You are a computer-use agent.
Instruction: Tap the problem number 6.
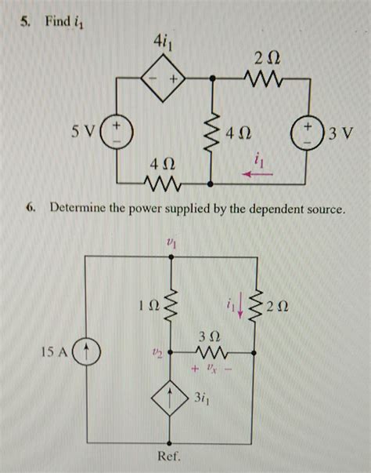pyautogui.click(x=30, y=209)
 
